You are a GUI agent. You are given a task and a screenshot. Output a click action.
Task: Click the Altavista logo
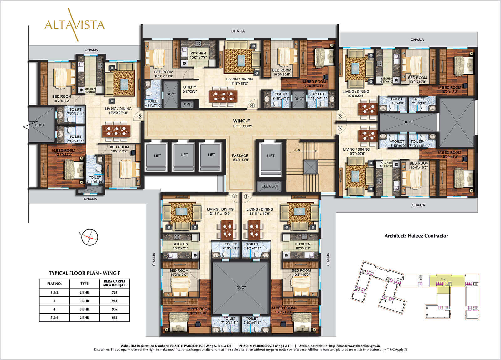(x=75, y=25)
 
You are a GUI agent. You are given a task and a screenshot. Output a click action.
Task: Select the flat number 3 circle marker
(x=140, y=116)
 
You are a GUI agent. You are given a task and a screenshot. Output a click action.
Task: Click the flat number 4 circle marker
(x=252, y=105)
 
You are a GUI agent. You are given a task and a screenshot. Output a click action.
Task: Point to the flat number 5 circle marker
(x=340, y=116)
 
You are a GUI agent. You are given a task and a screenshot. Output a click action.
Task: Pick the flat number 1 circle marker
(x=246, y=197)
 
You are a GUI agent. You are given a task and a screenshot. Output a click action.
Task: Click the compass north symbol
(x=90, y=237)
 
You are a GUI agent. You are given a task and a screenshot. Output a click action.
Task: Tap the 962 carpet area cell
(x=114, y=301)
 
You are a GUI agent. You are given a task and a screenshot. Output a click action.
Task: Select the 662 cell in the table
(x=114, y=318)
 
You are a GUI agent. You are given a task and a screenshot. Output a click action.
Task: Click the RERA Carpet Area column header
(x=114, y=283)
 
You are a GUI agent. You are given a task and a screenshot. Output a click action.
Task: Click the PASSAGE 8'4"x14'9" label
(x=240, y=157)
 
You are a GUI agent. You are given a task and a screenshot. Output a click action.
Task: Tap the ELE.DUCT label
(x=270, y=186)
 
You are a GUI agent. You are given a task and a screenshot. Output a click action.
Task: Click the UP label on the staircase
(x=297, y=151)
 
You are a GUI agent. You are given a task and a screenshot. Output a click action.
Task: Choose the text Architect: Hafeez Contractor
(x=416, y=236)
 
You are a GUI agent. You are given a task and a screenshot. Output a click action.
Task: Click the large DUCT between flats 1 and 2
(x=241, y=287)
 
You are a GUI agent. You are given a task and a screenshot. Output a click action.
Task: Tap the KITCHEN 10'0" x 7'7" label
(x=198, y=55)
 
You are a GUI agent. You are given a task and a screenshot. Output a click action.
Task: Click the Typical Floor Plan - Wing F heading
(x=84, y=273)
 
